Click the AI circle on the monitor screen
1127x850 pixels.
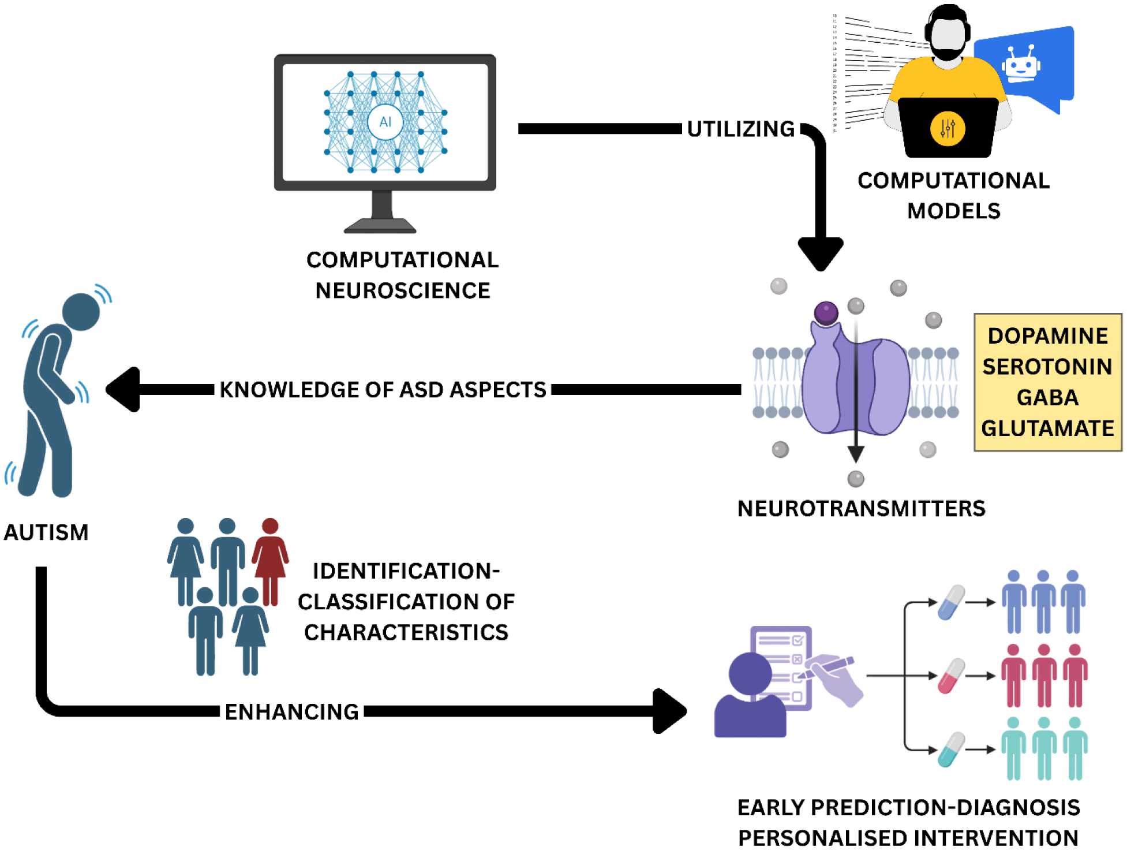[385, 122]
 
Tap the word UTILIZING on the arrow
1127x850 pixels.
[741, 129]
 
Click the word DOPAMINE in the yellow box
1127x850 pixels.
[1047, 336]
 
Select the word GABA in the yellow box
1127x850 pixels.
[1047, 397]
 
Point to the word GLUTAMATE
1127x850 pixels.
[1047, 428]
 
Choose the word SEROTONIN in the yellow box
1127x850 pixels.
[1047, 367]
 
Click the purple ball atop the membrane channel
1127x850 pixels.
[826, 312]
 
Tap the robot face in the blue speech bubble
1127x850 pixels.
[1021, 65]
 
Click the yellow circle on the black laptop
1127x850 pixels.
[947, 128]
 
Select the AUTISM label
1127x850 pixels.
[46, 532]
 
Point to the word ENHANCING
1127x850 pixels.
[291, 712]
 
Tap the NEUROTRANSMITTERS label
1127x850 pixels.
[861, 509]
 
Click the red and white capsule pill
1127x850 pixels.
[951, 676]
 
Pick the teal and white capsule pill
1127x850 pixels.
[951, 750]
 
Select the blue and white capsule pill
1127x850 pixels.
[951, 602]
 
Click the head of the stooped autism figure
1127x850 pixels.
[81, 312]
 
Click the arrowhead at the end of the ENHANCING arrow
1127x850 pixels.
[669, 711]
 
